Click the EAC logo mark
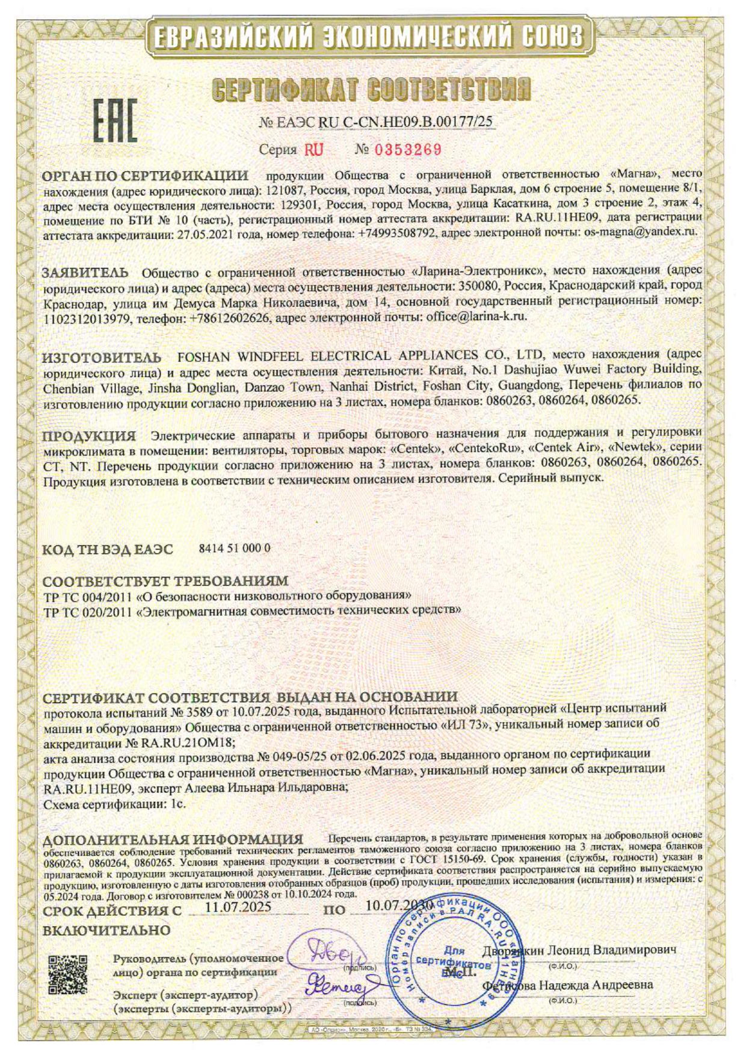point(115,120)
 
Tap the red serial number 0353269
point(408,149)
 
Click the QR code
point(67,974)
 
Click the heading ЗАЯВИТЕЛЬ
point(85,272)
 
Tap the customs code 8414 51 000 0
point(234,548)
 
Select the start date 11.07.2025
point(238,907)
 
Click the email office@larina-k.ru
point(476,316)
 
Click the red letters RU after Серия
point(313,149)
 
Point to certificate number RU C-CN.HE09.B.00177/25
point(405,122)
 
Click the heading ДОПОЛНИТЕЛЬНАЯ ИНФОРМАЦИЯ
point(173,839)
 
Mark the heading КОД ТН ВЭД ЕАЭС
point(108,549)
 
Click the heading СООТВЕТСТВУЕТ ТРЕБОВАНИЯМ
point(165,581)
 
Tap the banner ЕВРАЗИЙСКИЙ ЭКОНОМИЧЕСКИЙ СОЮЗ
point(368,37)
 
